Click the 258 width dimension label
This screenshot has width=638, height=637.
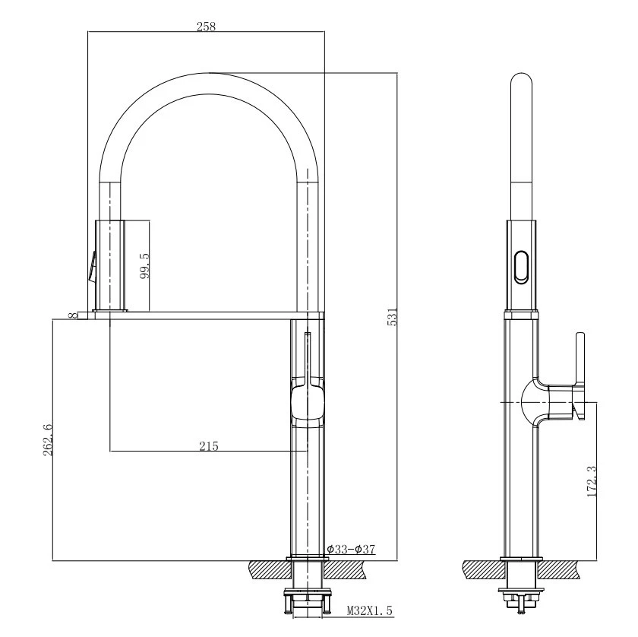(206, 27)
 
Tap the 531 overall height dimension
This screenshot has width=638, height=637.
(392, 317)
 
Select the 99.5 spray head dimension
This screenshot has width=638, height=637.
(144, 265)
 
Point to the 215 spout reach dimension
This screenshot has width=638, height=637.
(209, 446)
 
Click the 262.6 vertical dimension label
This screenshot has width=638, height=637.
(48, 440)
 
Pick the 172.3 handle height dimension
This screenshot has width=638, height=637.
(592, 481)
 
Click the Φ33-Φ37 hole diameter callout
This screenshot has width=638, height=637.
(351, 549)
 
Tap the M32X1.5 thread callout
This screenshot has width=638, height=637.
(369, 610)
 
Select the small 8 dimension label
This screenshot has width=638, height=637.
(73, 315)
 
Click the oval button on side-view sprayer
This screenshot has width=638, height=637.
(521, 267)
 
